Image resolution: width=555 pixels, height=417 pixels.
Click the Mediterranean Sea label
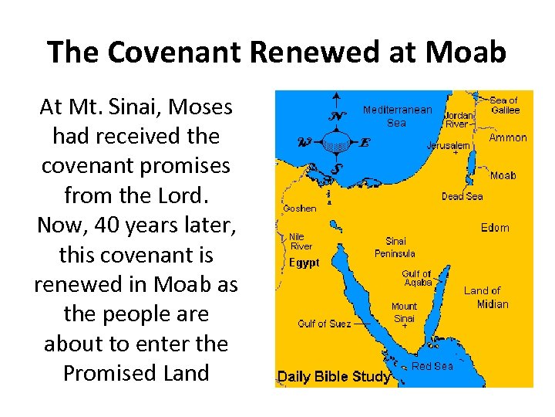tap(397, 116)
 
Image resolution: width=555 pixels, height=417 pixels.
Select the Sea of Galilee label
tap(505, 105)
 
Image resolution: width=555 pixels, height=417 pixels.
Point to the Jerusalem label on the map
tap(449, 145)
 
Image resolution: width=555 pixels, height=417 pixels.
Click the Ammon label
tap(508, 138)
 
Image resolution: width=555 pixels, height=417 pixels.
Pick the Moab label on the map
tap(503, 175)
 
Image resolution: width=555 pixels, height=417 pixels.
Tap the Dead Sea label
tap(462, 196)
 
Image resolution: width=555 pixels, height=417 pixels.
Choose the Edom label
tap(495, 227)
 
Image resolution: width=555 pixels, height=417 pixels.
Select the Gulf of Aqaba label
tap(416, 278)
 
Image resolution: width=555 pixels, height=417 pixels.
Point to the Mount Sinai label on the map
tap(404, 312)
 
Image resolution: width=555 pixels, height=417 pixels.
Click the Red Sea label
tap(432, 366)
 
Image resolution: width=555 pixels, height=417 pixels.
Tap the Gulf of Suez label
tap(323, 324)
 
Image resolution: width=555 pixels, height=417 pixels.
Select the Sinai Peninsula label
tap(395, 247)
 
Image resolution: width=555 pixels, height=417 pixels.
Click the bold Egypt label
tap(304, 263)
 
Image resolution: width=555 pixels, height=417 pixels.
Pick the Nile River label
tap(301, 241)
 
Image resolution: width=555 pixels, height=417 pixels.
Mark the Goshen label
tap(299, 208)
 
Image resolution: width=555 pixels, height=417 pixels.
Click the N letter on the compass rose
tap(336, 117)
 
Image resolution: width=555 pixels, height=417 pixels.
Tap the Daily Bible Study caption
tap(334, 377)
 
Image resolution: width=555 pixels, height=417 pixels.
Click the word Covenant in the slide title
tap(184, 53)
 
